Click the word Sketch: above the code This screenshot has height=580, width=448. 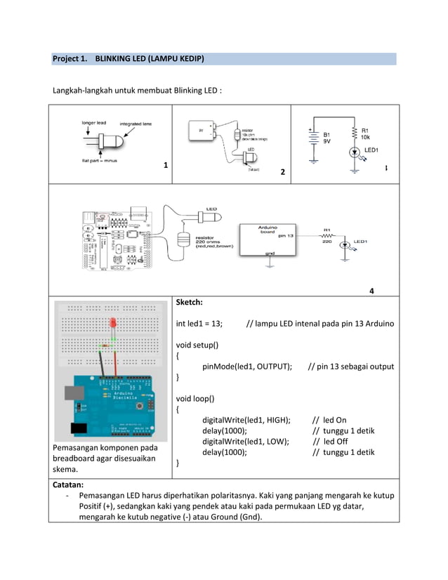click(x=189, y=303)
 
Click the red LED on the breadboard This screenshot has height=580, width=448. click(x=112, y=324)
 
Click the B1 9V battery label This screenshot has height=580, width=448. click(x=328, y=137)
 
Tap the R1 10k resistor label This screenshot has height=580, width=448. click(x=369, y=133)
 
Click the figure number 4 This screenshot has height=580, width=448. click(x=371, y=291)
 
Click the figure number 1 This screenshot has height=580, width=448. click(x=165, y=166)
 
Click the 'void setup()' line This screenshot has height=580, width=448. click(x=197, y=345)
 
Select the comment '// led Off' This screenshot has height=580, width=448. click(x=330, y=441)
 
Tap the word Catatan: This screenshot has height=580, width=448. click(x=68, y=485)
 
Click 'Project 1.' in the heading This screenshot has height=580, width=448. click(x=71, y=58)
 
